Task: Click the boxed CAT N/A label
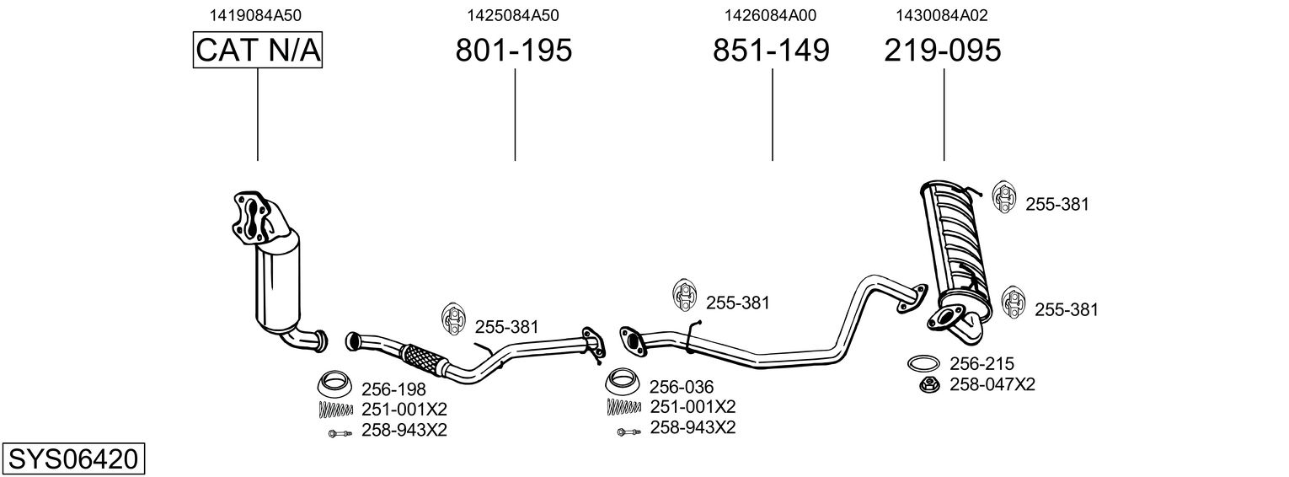tap(257, 50)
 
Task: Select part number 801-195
tap(514, 50)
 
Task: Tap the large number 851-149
tap(771, 50)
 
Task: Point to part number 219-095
tap(943, 50)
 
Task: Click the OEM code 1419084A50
tap(255, 15)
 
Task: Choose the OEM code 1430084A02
tap(941, 15)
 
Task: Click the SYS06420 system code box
tap(73, 459)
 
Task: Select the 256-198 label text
tap(393, 389)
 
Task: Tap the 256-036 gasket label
tap(682, 387)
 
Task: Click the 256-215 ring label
tap(981, 363)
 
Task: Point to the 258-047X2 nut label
tap(992, 384)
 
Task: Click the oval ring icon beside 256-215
tap(923, 363)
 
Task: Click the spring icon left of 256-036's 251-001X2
tap(623, 407)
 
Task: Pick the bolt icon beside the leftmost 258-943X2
tap(340, 433)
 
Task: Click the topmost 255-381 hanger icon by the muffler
tap(1004, 197)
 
